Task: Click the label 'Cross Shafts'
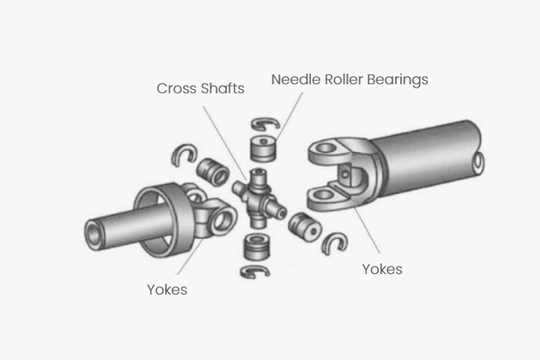[200, 88]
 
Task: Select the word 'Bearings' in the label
[398, 80]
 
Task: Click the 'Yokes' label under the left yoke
[167, 290]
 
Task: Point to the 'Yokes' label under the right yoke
[382, 269]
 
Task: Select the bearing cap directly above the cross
[263, 148]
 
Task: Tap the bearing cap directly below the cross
[257, 247]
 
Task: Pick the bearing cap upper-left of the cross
[213, 172]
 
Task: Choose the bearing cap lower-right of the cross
[305, 227]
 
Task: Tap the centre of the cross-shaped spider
[259, 199]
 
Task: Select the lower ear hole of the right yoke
[324, 195]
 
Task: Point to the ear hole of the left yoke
[223, 220]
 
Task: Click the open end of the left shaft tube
[92, 236]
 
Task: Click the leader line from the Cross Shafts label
[224, 143]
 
